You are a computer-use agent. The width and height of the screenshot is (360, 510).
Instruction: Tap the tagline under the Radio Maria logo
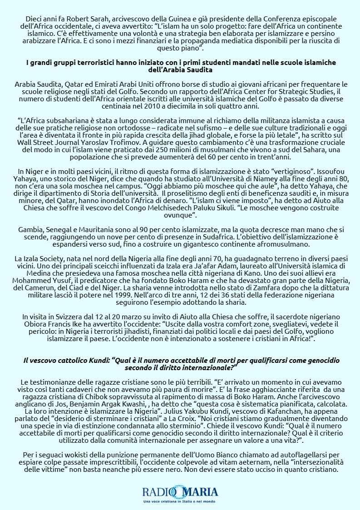[x=180, y=501]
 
